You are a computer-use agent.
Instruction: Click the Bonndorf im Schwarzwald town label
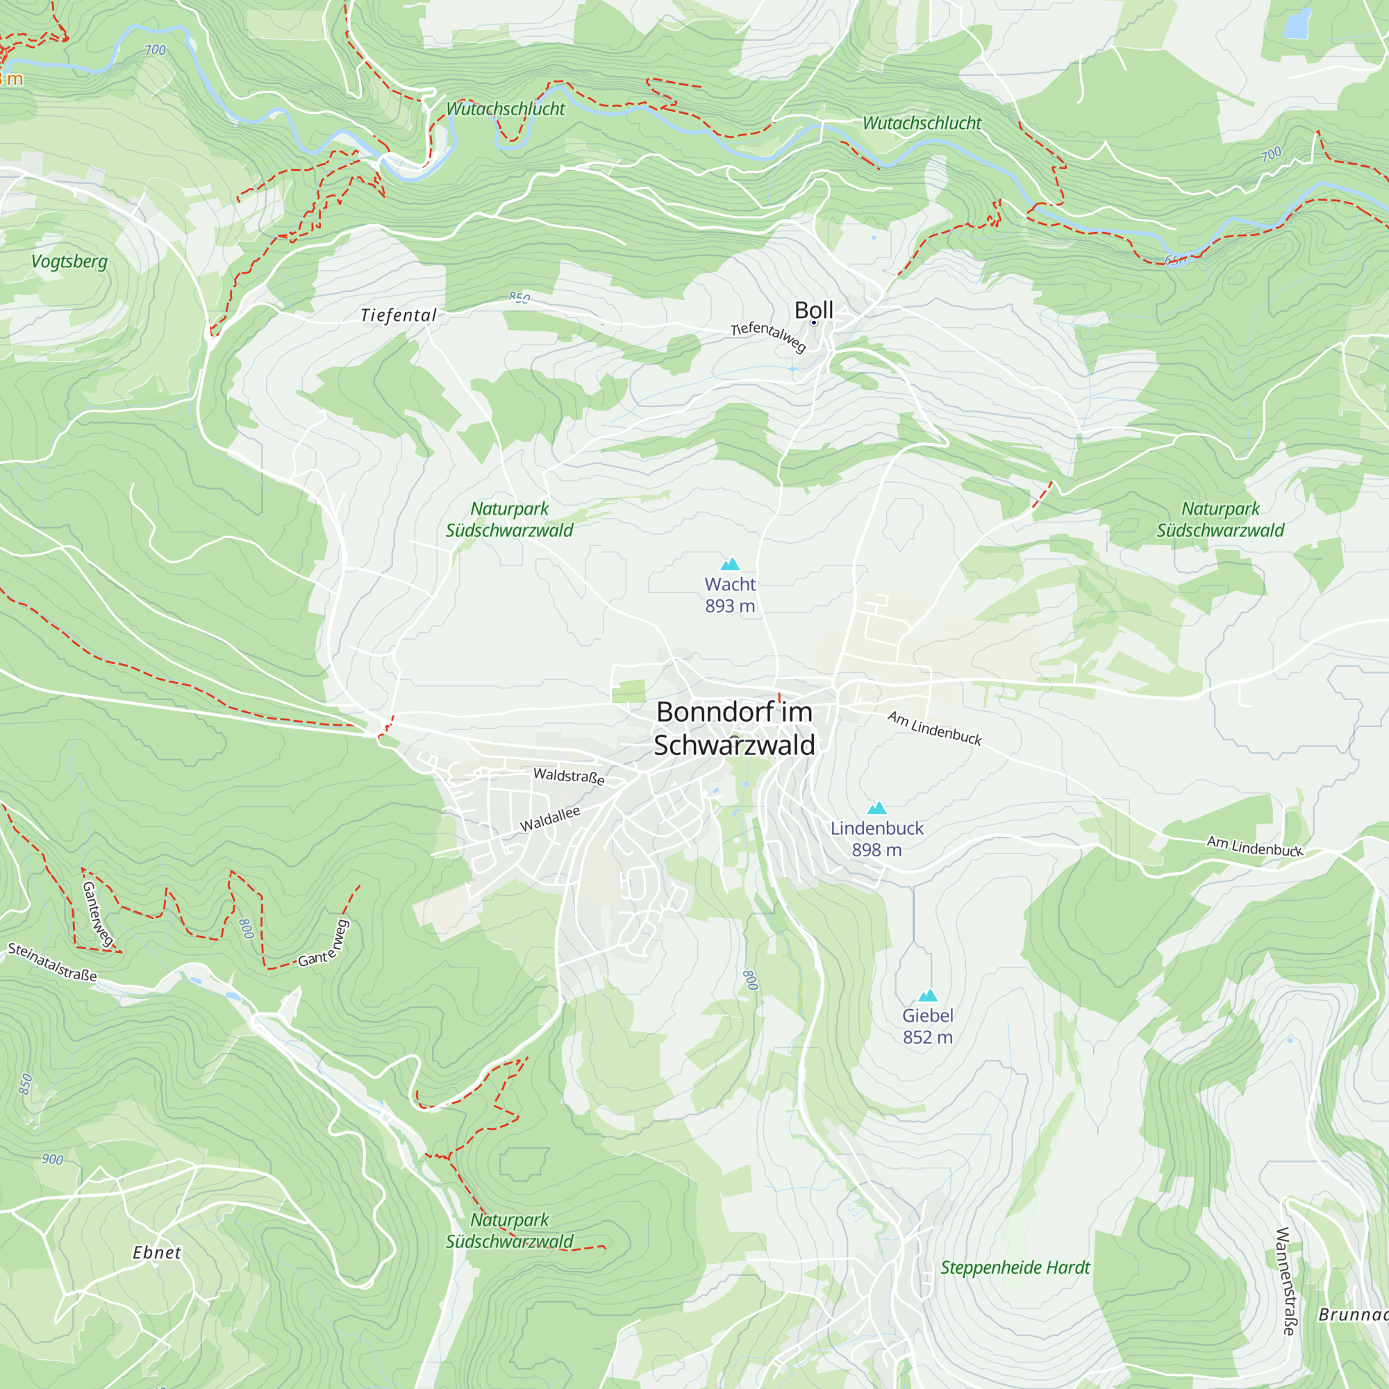point(734,729)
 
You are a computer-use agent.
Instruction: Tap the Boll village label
point(813,310)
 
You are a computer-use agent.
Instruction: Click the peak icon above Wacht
point(731,564)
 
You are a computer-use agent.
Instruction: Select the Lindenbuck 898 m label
point(876,838)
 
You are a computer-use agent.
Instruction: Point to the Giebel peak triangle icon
point(928,996)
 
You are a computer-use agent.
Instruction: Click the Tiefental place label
point(398,315)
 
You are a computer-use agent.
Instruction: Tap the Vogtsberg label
point(69,261)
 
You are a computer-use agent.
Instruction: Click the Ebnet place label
point(157,1252)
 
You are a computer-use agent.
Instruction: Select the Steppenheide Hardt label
point(1015,1267)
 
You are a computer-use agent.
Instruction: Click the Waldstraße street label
point(568,776)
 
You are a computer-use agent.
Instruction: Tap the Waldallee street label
point(550,820)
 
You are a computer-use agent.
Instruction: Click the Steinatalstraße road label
point(52,962)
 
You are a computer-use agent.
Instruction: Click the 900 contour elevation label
point(53,1159)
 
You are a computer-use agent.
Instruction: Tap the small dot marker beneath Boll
point(814,323)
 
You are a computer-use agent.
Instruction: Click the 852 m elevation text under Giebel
point(927,1038)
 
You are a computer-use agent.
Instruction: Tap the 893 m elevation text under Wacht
point(730,606)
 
